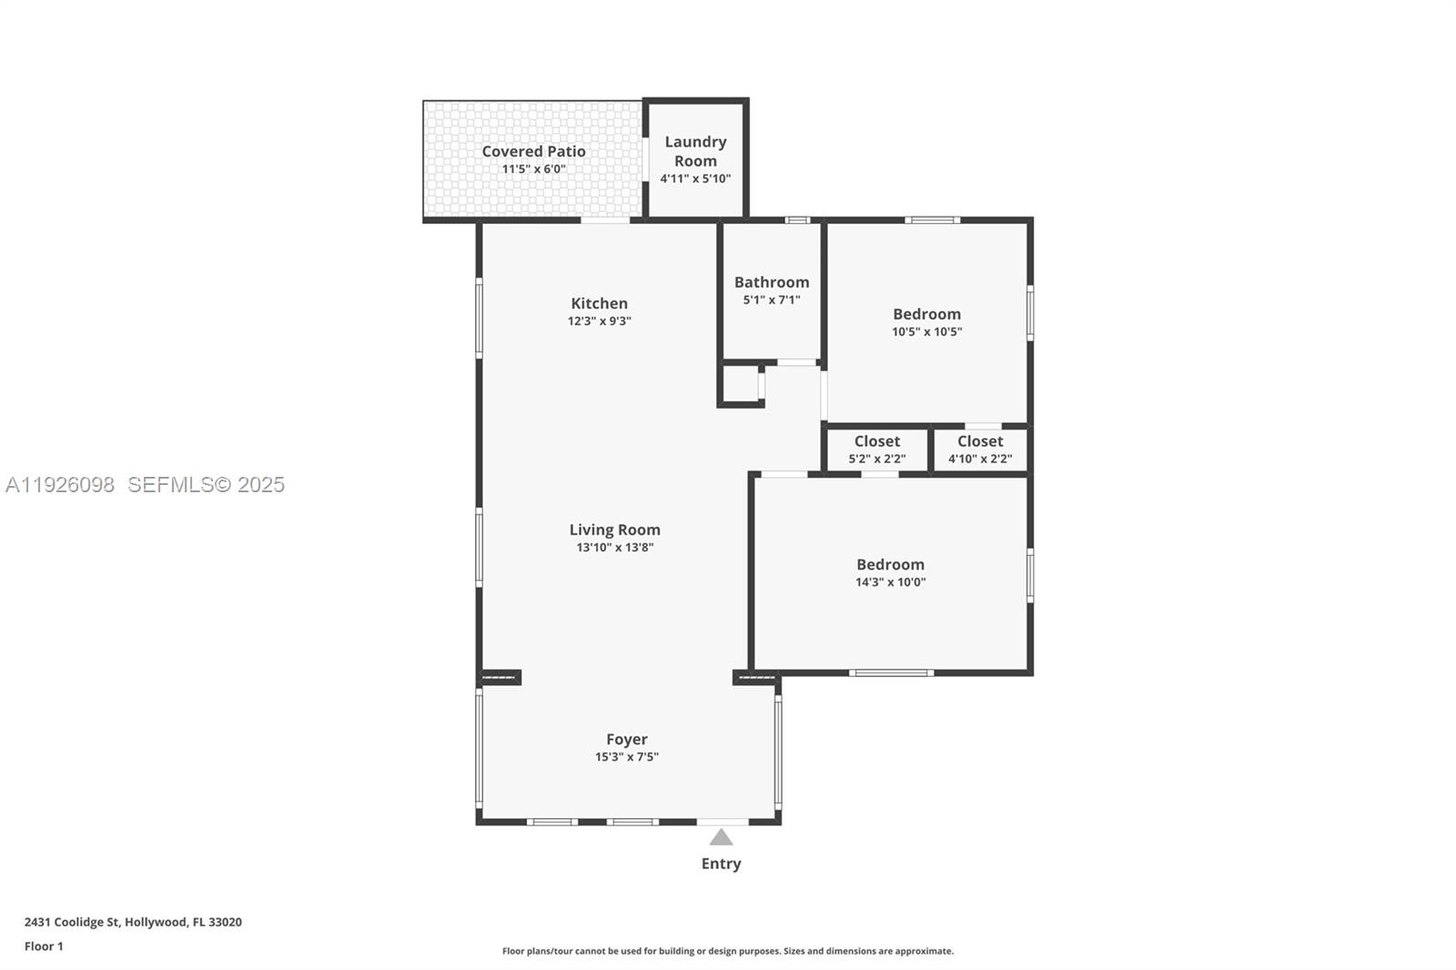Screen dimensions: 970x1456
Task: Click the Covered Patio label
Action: (533, 151)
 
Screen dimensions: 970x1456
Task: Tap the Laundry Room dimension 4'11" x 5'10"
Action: (695, 178)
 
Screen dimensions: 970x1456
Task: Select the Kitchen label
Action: (599, 303)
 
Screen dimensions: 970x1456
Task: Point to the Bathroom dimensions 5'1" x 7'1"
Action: (772, 299)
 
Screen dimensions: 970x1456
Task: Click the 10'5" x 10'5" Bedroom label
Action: (926, 314)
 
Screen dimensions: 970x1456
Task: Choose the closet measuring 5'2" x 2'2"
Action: (876, 450)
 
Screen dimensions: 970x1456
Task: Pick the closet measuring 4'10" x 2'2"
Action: (980, 450)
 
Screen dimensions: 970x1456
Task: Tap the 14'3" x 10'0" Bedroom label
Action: (890, 564)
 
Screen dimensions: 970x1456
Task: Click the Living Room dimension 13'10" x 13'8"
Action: (615, 547)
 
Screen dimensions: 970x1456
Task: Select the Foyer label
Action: (627, 739)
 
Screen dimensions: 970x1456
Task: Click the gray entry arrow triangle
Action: (721, 837)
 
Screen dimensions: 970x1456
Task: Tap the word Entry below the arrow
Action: (721, 864)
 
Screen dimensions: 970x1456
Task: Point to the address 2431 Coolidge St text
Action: (133, 922)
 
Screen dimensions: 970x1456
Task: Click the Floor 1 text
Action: (44, 946)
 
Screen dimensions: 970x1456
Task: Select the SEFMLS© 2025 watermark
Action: (206, 484)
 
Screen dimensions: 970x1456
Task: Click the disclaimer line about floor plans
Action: (728, 951)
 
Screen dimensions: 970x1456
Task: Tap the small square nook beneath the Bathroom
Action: (740, 384)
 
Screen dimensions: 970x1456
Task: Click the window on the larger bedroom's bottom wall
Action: (891, 672)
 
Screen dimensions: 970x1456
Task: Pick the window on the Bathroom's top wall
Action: (797, 219)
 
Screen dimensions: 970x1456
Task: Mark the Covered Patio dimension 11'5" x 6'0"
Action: (533, 168)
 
